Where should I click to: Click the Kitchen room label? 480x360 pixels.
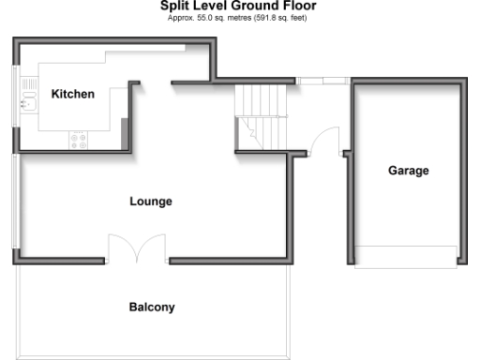[72, 94]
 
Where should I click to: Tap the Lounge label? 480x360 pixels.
[150, 202]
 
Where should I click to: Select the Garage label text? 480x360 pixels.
[408, 171]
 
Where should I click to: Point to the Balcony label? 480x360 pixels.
[151, 307]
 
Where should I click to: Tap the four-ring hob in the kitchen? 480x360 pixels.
[78, 141]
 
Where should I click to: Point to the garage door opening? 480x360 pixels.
[408, 256]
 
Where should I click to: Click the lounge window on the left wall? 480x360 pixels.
[14, 202]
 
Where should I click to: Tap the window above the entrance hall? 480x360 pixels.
[331, 81]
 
